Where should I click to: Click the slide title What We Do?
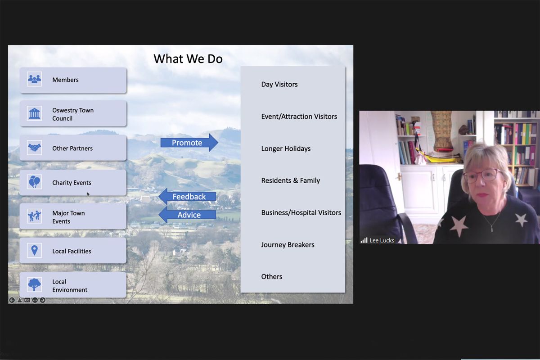pos(188,59)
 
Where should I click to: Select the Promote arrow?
pos(189,143)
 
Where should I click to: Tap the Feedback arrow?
pos(187,197)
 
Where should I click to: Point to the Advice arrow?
pos(187,215)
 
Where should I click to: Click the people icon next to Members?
pos(35,79)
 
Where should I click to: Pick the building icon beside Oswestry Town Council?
pos(35,113)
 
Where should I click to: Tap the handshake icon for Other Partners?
pos(35,148)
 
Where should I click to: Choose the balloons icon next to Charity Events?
pos(35,182)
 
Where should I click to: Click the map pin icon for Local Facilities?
pos(35,250)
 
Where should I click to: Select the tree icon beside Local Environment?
pos(35,284)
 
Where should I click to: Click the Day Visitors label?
pos(279,85)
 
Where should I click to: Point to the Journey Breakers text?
pos(288,245)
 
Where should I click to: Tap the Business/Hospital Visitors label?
pos(301,213)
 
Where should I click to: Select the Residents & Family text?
pos(291,180)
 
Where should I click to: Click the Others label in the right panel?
pos(272,277)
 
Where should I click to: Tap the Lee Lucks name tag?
pos(382,240)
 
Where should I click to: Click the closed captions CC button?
pos(27,300)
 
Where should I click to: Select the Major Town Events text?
pos(68,217)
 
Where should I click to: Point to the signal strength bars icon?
pos(364,240)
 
